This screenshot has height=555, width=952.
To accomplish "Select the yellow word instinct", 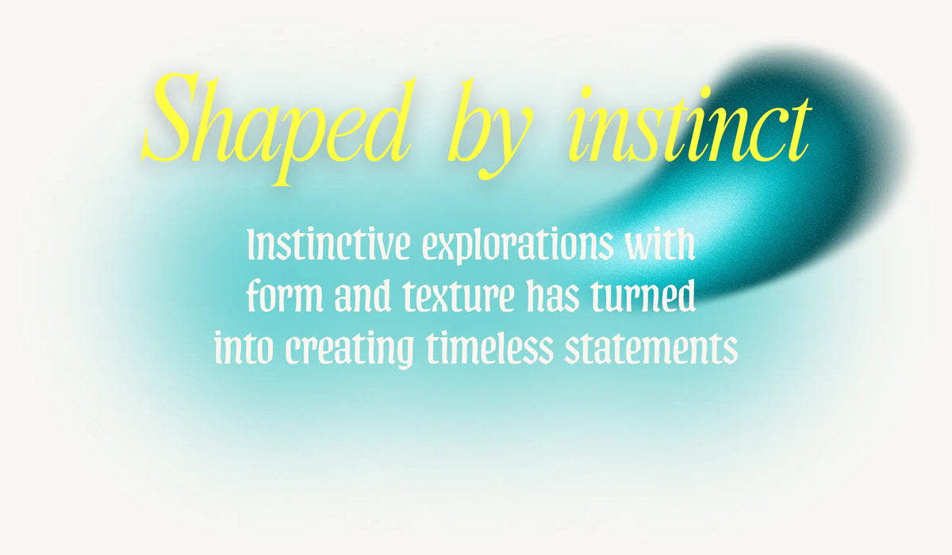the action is tap(689, 124).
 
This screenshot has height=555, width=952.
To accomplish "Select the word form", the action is tap(285, 296).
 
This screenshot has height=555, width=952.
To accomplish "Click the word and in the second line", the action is tap(363, 296).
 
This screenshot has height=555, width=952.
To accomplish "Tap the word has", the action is tap(553, 296).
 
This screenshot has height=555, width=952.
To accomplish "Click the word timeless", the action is tap(489, 347).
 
